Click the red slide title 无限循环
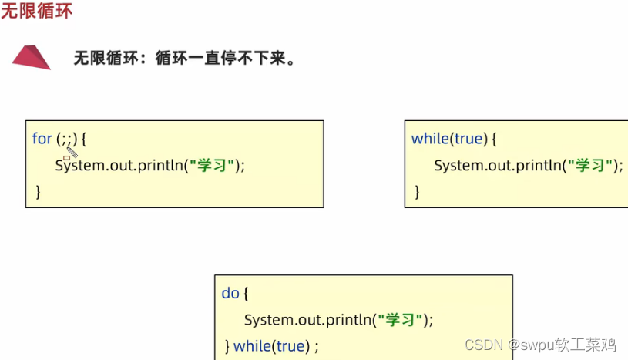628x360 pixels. point(37,12)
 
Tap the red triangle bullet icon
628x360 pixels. point(32,57)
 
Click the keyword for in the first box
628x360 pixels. point(42,139)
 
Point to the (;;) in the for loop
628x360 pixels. point(66,139)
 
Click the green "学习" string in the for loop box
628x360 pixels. point(215,165)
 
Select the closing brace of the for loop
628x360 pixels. point(38,191)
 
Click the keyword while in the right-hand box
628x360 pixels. point(430,139)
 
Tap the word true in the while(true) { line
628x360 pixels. point(468,139)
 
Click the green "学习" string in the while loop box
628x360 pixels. point(593,165)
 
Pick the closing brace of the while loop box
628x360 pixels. point(418,191)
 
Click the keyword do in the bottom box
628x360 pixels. point(230,293)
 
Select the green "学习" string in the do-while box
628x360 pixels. point(403,319)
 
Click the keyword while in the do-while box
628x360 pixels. point(251,346)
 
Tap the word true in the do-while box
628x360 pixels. point(290,346)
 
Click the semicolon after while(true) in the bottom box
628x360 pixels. point(316,347)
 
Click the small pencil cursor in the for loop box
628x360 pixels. point(71,152)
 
